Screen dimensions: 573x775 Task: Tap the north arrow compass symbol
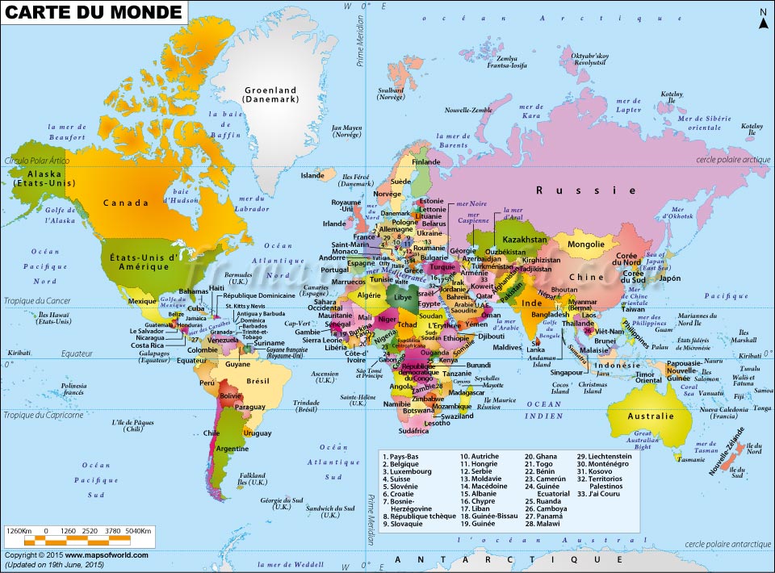pos(761,19)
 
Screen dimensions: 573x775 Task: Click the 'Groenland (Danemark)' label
pos(270,94)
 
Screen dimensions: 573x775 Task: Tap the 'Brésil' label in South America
pos(258,380)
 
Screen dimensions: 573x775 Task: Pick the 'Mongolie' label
pos(586,245)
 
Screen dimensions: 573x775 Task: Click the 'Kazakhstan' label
pos(526,240)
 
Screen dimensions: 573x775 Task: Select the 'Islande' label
pos(312,175)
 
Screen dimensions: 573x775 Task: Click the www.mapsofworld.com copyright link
pos(107,555)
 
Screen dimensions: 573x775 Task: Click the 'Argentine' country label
pos(232,448)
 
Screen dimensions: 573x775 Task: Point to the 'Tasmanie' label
pos(691,460)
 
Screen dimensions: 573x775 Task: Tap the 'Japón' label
pos(670,278)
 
